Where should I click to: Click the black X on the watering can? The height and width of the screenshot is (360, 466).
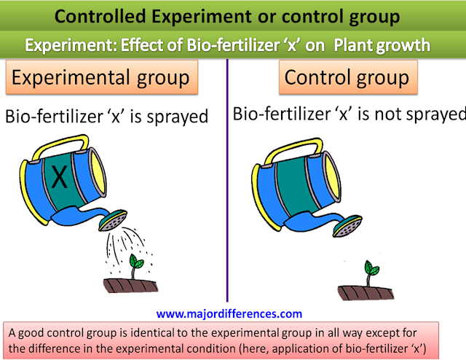pyautogui.click(x=60, y=176)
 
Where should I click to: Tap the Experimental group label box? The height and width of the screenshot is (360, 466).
pyautogui.click(x=102, y=77)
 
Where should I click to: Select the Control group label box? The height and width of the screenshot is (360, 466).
pyautogui.click(x=348, y=77)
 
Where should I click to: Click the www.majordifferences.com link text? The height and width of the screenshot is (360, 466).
pyautogui.click(x=229, y=314)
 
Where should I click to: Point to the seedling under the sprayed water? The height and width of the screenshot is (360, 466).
pyautogui.click(x=135, y=266)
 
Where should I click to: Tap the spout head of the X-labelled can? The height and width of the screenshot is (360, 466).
pyautogui.click(x=113, y=220)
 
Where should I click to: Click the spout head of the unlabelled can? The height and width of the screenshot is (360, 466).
pyautogui.click(x=347, y=227)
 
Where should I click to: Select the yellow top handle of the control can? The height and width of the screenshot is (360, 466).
pyautogui.click(x=294, y=149)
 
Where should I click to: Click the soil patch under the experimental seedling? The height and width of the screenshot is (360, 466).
pyautogui.click(x=130, y=286)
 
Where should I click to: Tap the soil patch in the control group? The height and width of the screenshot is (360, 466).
pyautogui.click(x=366, y=293)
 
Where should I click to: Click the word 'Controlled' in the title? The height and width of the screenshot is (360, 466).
pyautogui.click(x=100, y=16)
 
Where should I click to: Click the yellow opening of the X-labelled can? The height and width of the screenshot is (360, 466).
pyautogui.click(x=98, y=172)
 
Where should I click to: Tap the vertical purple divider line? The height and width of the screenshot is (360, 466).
pyautogui.click(x=227, y=180)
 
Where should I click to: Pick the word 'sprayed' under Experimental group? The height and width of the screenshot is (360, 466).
pyautogui.click(x=178, y=117)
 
